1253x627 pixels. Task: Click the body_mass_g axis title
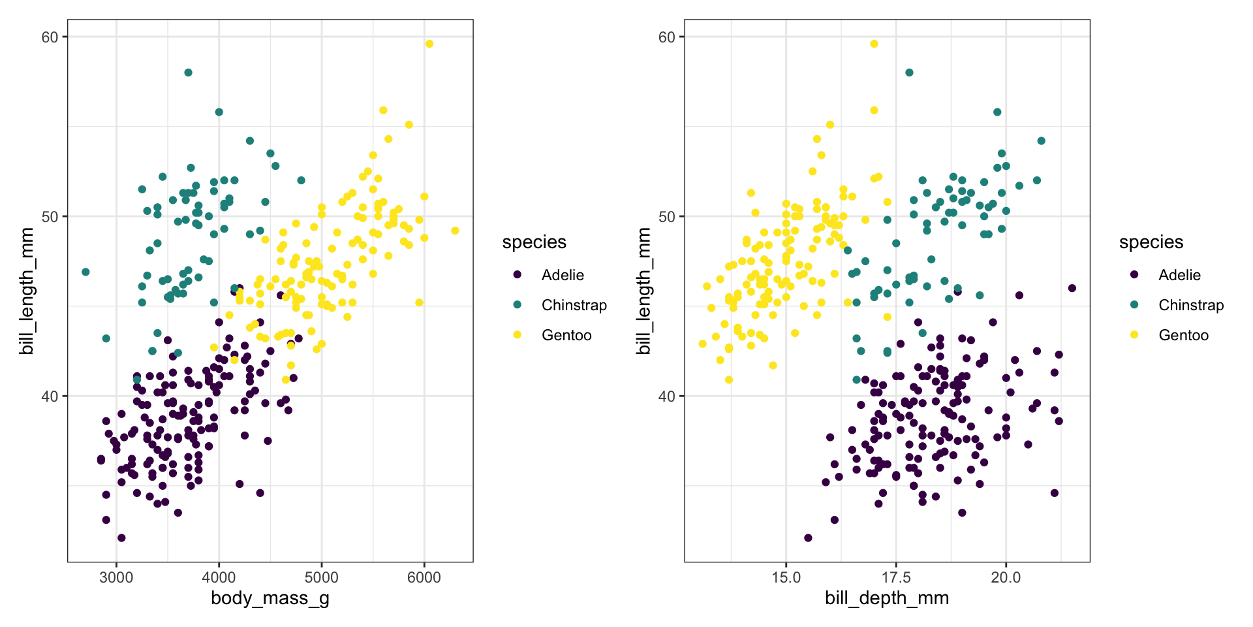[270, 598]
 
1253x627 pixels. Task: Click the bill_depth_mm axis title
[887, 598]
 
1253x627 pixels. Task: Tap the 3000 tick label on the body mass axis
[117, 577]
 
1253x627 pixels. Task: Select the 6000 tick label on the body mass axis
[424, 577]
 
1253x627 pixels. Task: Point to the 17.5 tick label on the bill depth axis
[895, 577]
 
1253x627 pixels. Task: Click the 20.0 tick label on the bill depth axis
[1006, 577]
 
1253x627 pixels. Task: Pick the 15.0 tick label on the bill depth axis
[786, 577]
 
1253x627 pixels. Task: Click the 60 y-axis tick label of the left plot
[50, 37]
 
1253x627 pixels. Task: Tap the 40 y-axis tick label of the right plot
[666, 396]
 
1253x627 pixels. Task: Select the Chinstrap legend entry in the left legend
[574, 305]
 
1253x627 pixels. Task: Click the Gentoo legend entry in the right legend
[1183, 335]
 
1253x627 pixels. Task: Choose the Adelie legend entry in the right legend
[1179, 275]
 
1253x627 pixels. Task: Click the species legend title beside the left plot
[534, 242]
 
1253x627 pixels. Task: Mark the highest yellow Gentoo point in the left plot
[429, 44]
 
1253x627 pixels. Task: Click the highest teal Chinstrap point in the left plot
[189, 72]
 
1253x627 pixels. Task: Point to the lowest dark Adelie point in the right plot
[808, 538]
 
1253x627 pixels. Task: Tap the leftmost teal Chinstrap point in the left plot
[85, 272]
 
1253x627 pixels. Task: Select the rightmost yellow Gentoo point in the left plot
[455, 231]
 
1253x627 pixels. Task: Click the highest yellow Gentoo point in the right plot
[874, 44]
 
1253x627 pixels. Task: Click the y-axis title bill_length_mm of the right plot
[644, 291]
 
